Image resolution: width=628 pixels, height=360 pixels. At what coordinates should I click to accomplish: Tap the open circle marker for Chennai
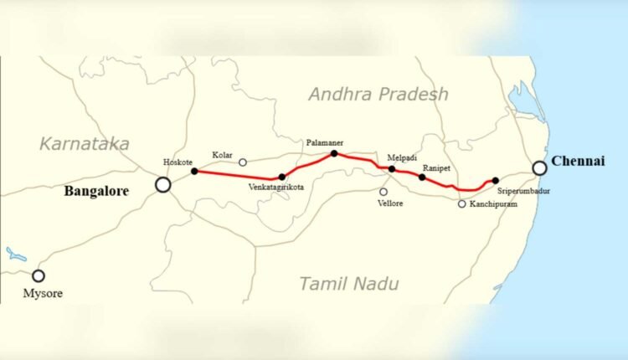pos(540,168)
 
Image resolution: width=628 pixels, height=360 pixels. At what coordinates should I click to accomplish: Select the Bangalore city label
pos(96,192)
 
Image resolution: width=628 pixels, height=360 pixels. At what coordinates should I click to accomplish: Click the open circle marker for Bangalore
pos(163,185)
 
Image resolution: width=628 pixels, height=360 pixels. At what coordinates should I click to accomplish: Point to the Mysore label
pos(40,294)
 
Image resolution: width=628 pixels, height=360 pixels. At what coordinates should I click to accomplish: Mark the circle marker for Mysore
pos(38,275)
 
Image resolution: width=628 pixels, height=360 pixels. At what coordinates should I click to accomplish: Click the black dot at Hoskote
pos(194,172)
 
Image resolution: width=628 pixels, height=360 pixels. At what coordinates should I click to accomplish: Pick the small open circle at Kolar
pos(243,162)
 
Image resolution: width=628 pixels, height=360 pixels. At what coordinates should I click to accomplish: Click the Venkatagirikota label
pos(276,188)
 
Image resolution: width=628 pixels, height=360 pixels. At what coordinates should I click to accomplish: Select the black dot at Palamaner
pos(334,153)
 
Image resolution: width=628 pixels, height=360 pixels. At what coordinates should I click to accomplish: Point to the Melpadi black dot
pos(392,169)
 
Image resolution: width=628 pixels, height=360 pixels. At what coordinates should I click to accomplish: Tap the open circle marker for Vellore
pos(383,192)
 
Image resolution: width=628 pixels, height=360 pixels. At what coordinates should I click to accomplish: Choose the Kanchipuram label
pos(492,203)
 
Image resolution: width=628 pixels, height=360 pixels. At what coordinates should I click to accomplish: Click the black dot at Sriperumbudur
pos(496,181)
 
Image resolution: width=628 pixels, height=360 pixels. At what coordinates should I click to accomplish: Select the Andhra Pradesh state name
pos(378,94)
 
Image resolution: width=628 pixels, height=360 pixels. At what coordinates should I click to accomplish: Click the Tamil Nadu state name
pos(350,283)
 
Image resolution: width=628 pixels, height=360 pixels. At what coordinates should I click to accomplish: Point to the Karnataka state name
pos(85,144)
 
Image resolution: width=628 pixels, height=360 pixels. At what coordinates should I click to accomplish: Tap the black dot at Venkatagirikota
pos(281,177)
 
